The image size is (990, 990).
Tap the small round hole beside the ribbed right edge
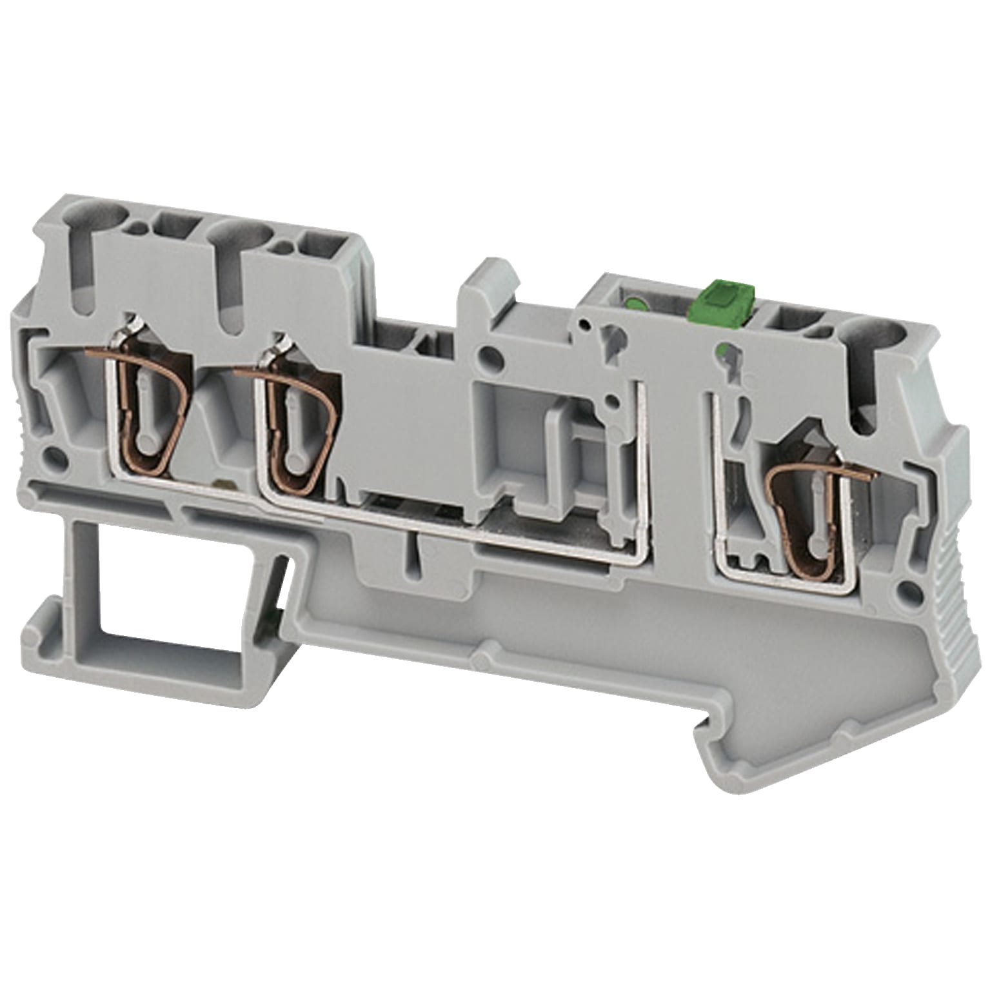click(x=911, y=588)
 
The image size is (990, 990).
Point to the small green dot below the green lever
click(x=724, y=350)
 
